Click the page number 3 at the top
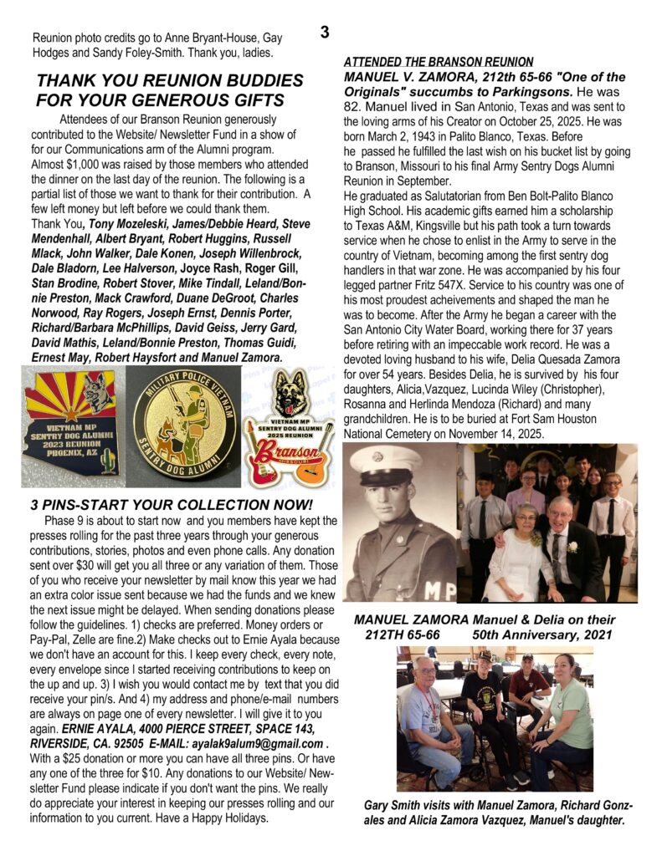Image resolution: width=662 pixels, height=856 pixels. pyautogui.click(x=324, y=33)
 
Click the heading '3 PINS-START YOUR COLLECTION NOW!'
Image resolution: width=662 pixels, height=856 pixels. pyautogui.click(x=171, y=506)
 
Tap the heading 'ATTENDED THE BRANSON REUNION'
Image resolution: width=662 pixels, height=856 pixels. pyautogui.click(x=439, y=62)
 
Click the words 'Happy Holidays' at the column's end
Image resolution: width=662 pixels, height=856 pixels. pyautogui.click(x=223, y=818)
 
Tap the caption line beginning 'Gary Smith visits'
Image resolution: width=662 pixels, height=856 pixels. pyautogui.click(x=497, y=806)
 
